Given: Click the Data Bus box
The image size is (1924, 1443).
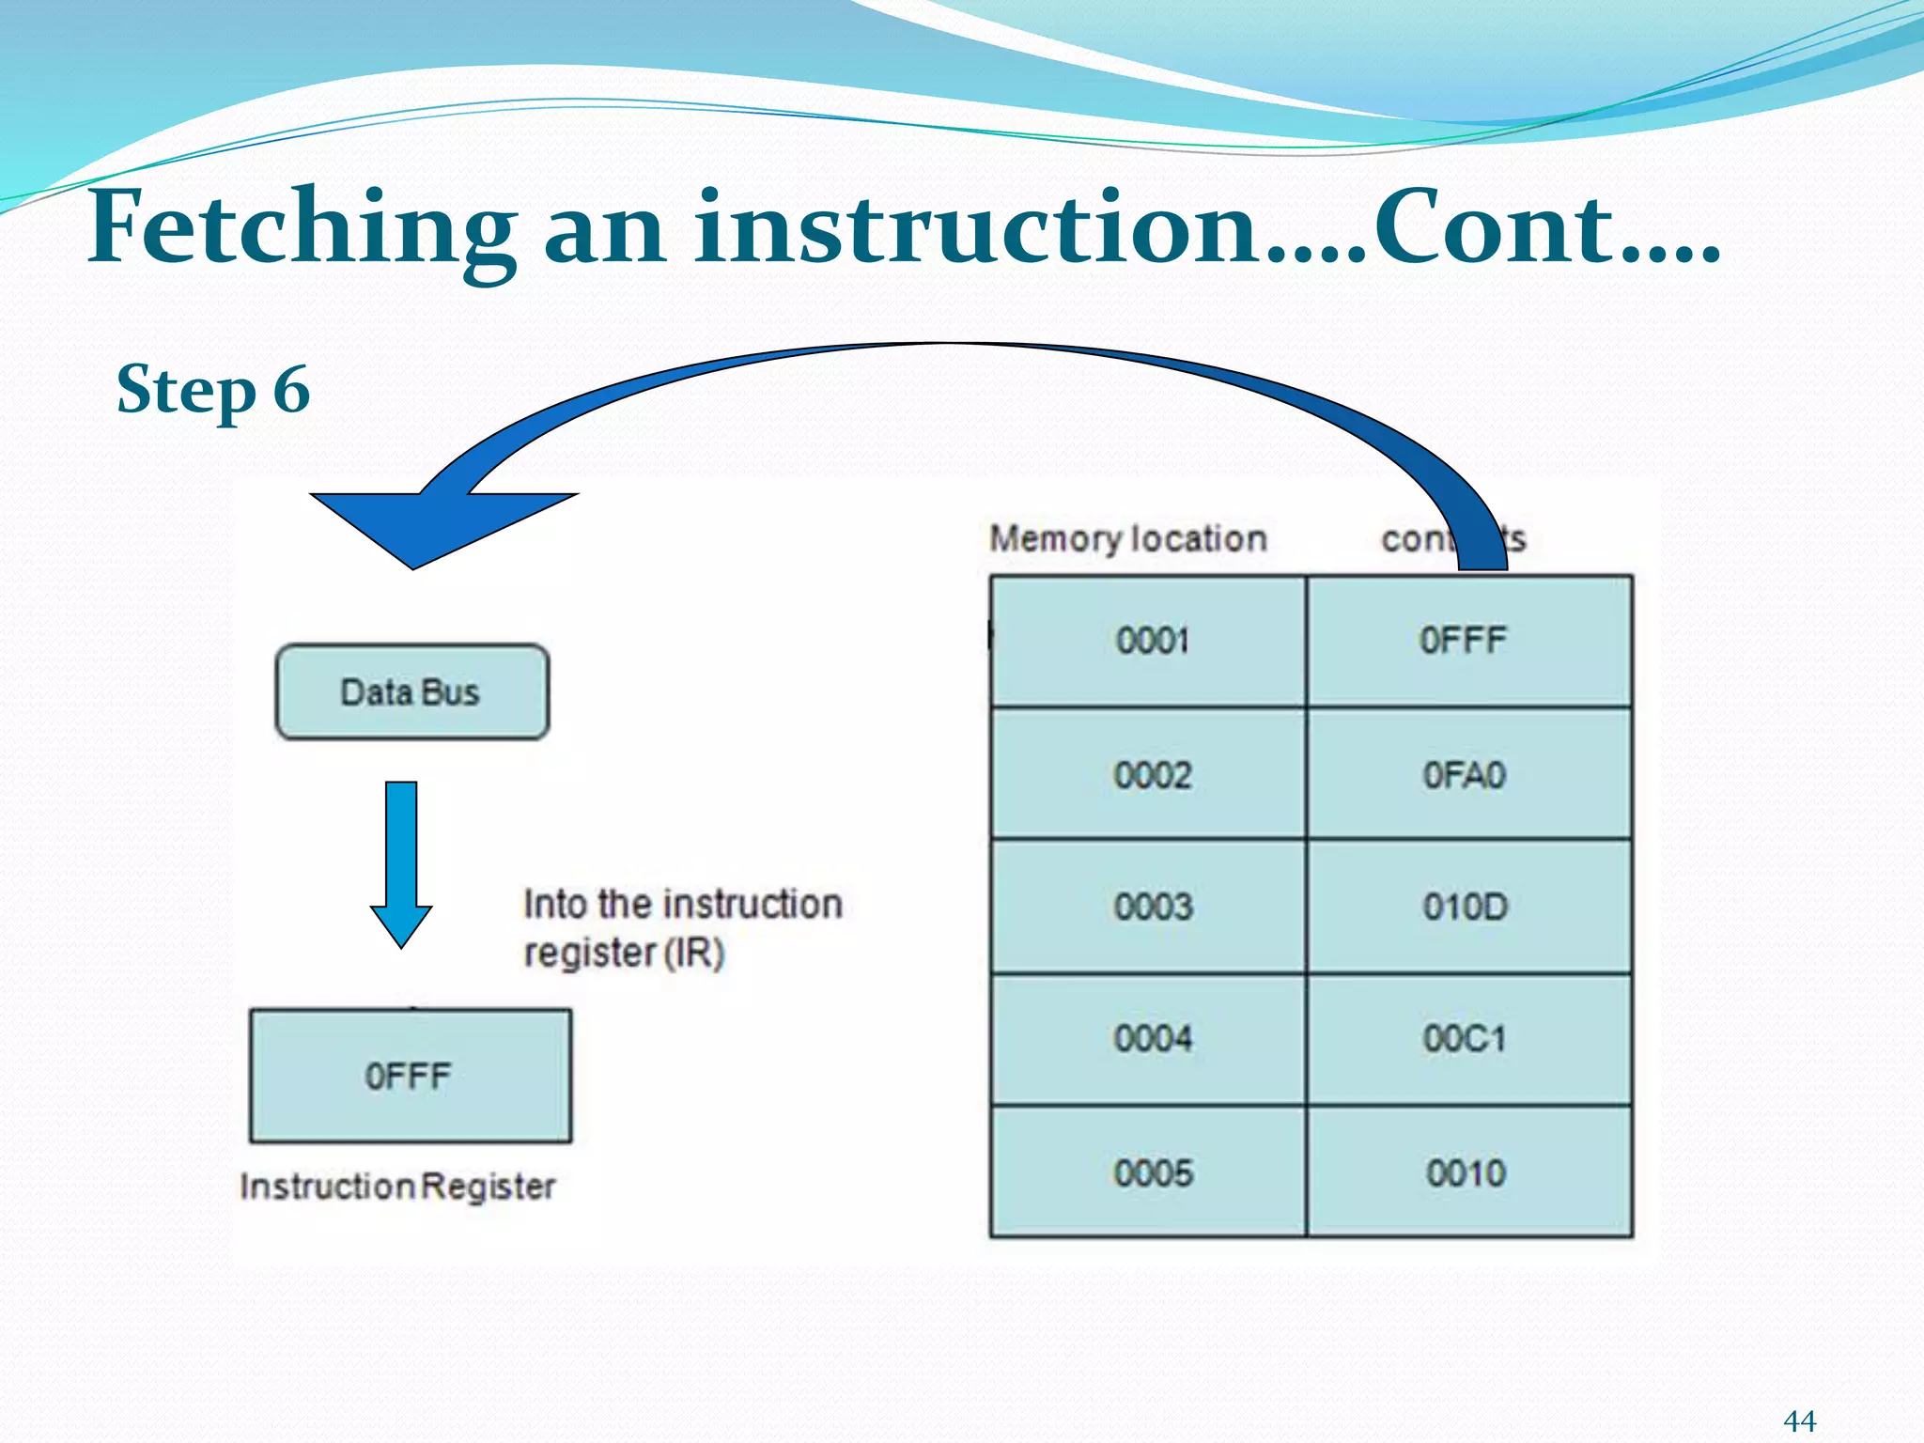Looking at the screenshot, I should [x=411, y=692].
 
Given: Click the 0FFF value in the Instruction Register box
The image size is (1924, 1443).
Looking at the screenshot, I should [x=408, y=1076].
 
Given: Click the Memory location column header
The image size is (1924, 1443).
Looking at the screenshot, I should [x=1127, y=539].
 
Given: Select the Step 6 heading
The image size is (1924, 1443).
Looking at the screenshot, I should [x=213, y=390].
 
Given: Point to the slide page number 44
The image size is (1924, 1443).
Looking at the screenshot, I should [x=1799, y=1420].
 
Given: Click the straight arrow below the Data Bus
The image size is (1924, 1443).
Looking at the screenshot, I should [x=401, y=860].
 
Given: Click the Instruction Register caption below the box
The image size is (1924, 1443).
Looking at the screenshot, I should [x=397, y=1187].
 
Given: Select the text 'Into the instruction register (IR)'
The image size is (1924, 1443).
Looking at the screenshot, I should [x=681, y=928].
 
